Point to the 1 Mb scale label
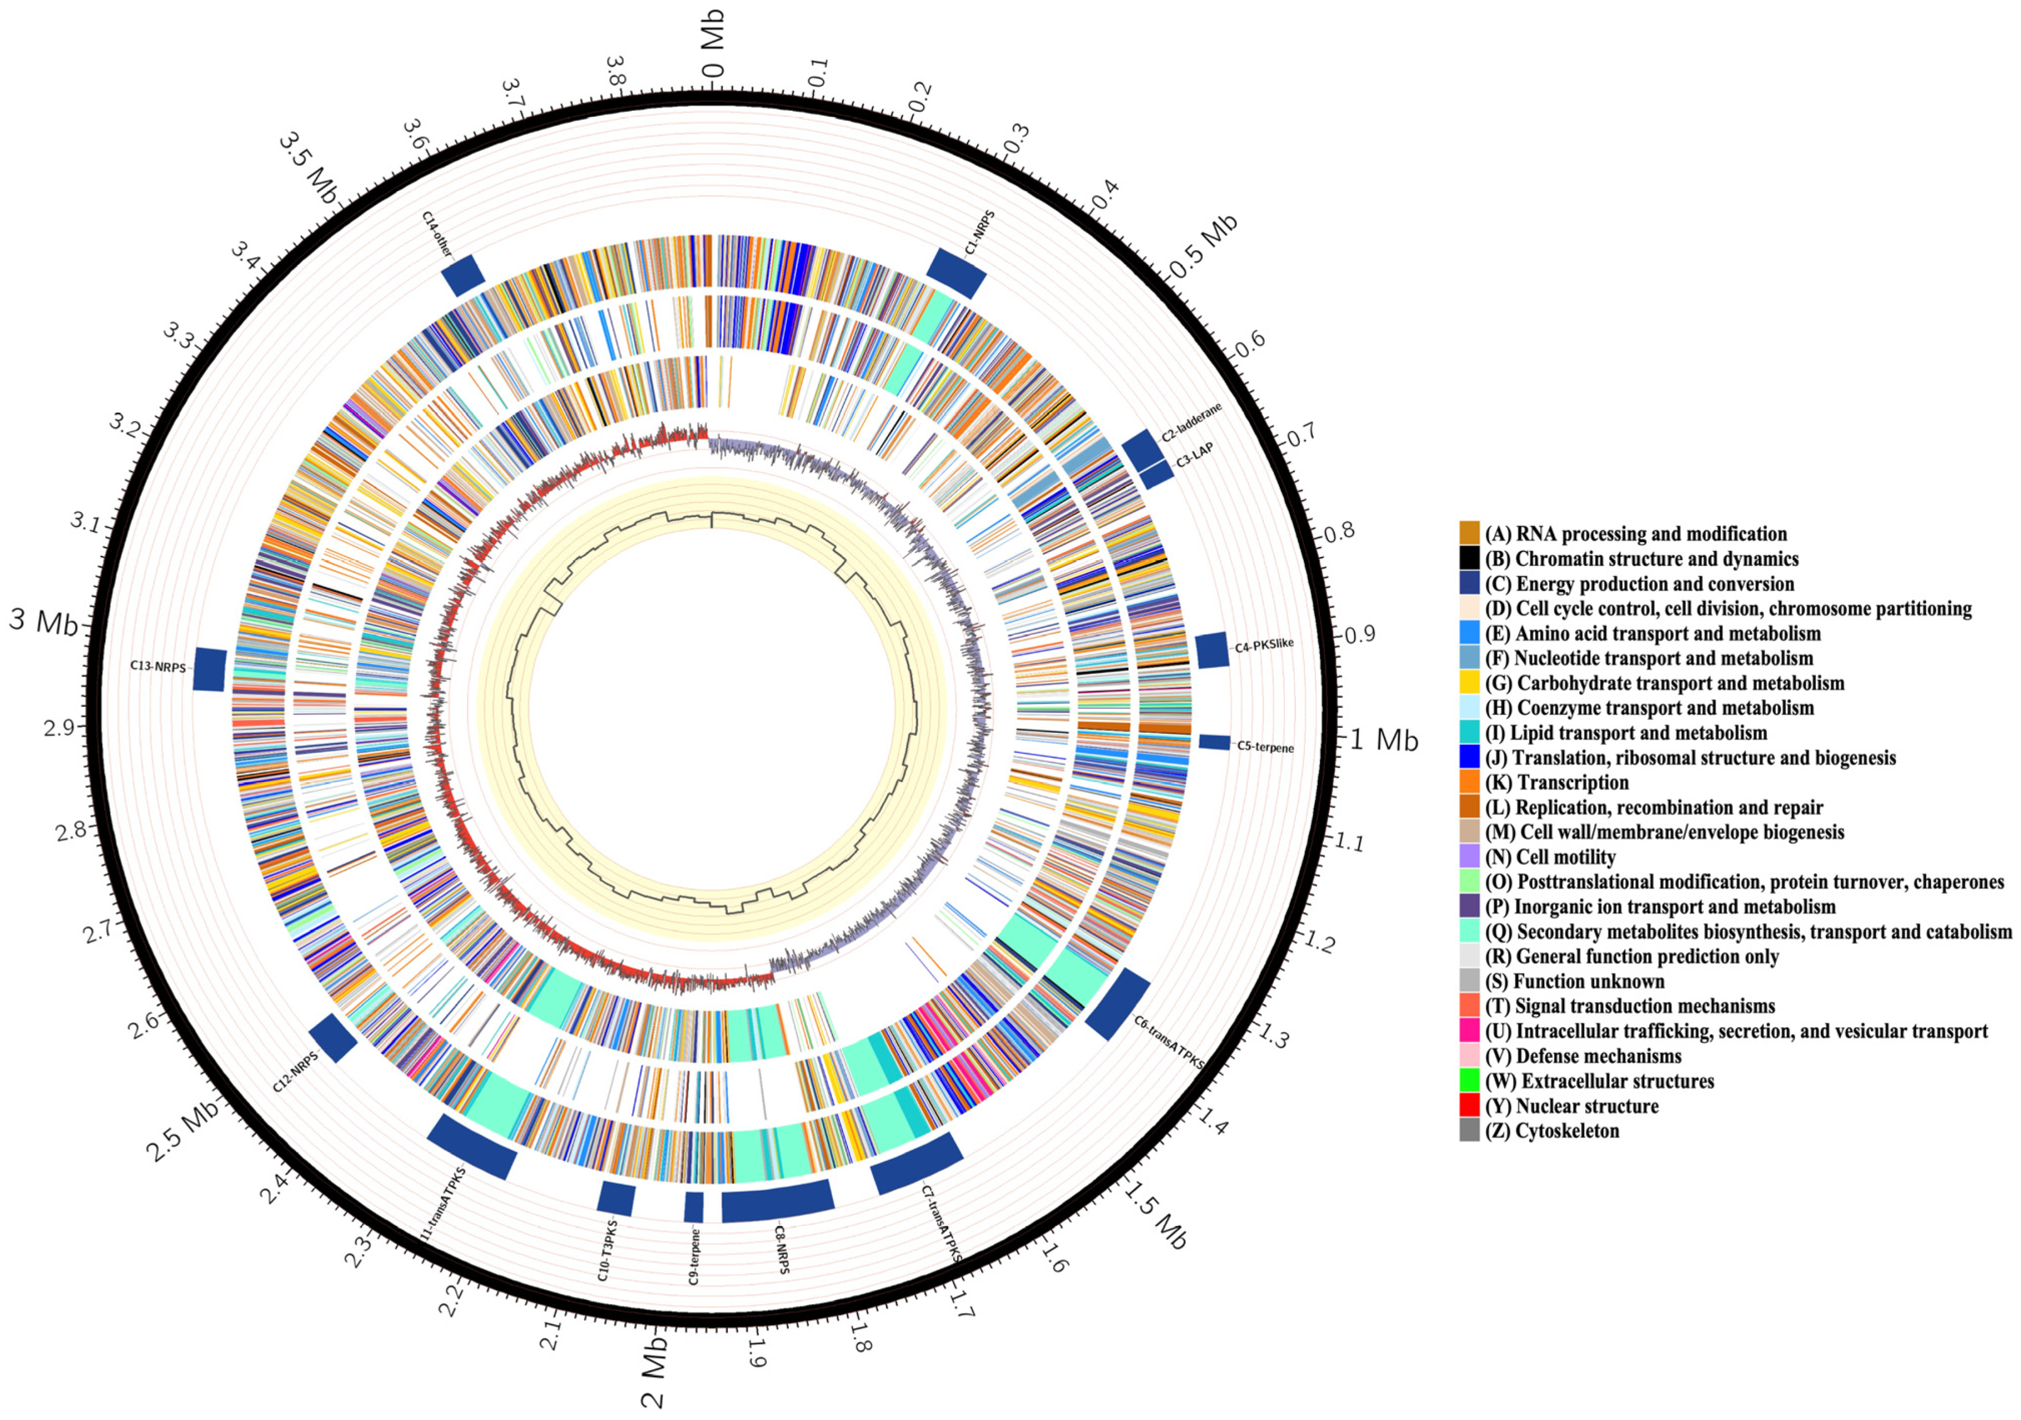pos(1384,741)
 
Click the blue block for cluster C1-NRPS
pos(957,273)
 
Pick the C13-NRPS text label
pos(159,667)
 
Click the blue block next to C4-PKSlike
pos(1212,650)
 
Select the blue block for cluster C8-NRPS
pos(778,1201)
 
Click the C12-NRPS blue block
pos(333,1037)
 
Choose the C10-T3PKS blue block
pos(616,1198)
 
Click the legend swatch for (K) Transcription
pos(1469,782)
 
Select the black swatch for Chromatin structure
pos(1469,558)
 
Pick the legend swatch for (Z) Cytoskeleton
pos(1469,1130)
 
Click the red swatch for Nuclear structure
pos(1469,1106)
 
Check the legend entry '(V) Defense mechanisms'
pos(1583,1056)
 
